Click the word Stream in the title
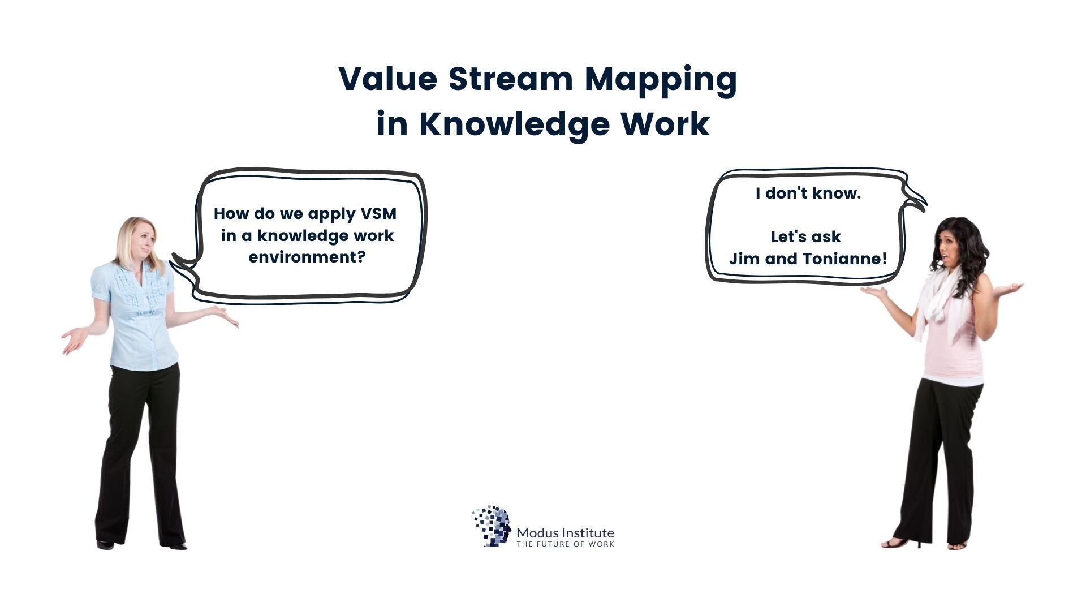511,79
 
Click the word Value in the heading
388,79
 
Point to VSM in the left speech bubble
378,214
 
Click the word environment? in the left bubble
307,257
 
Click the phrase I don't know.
808,193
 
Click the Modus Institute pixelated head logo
491,526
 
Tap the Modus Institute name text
565,532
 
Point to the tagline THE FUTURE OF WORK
565,544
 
